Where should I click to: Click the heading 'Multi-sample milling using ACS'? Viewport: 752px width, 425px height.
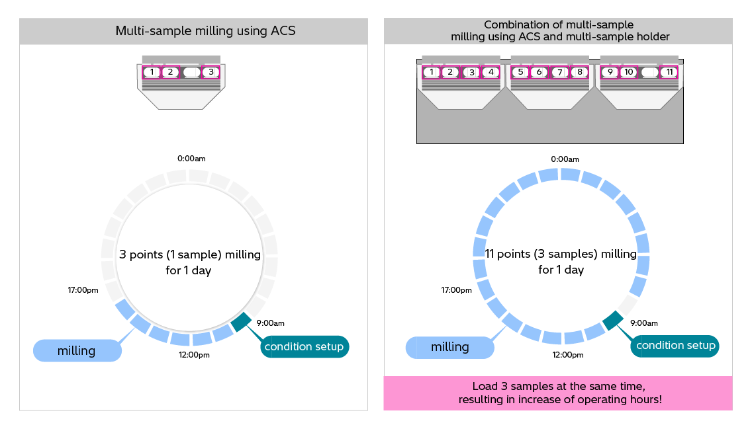[193, 31]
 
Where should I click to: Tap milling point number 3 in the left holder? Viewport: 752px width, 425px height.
[211, 71]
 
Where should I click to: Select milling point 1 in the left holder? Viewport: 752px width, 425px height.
[152, 71]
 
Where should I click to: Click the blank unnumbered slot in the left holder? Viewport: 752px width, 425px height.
[191, 71]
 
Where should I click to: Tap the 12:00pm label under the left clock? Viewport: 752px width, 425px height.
[194, 355]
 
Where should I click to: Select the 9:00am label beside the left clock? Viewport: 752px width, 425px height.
[270, 323]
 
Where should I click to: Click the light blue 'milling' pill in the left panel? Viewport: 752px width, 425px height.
[77, 350]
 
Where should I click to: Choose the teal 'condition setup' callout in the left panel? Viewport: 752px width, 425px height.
[304, 346]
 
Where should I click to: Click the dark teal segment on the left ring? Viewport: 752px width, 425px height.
[241, 321]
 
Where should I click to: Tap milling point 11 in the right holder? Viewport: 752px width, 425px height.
[670, 71]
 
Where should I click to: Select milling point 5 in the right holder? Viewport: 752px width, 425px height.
[520, 71]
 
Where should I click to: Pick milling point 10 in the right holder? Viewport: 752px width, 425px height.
[629, 71]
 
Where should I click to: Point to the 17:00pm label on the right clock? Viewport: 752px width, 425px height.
[457, 290]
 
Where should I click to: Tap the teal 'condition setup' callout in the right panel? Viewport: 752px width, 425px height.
[676, 345]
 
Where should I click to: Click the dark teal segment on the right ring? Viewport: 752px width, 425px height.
[613, 321]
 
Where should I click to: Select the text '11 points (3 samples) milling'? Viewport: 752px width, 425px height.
[561, 254]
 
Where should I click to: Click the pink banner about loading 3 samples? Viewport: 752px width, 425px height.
[558, 393]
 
